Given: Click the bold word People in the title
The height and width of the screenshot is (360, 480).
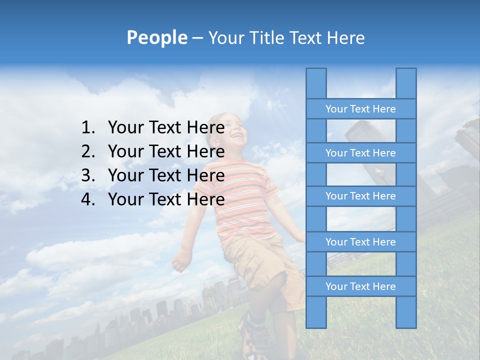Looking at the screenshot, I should pyautogui.click(x=156, y=37).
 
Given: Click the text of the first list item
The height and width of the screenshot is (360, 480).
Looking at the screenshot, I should pyautogui.click(x=166, y=128).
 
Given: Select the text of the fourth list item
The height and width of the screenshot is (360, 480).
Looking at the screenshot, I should pyautogui.click(x=166, y=199).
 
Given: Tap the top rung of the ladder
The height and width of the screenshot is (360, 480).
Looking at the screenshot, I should pyautogui.click(x=360, y=109).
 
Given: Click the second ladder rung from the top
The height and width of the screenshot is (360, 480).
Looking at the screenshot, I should pyautogui.click(x=360, y=153).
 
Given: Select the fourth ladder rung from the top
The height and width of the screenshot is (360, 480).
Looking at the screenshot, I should pyautogui.click(x=360, y=242).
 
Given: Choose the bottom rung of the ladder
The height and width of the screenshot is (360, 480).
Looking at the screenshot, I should pyautogui.click(x=360, y=286).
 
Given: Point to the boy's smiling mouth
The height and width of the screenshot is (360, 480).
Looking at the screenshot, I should pyautogui.click(x=238, y=135).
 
